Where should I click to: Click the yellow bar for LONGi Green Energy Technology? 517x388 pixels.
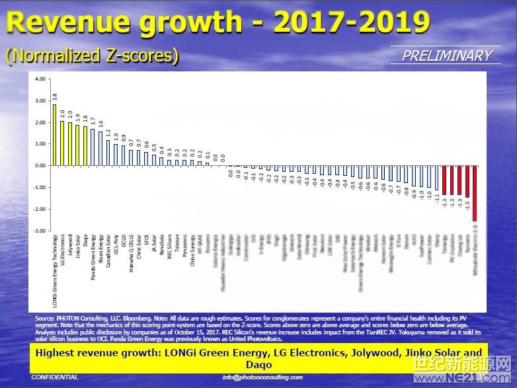click(x=54, y=135)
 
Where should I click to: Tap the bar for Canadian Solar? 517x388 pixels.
click(x=108, y=152)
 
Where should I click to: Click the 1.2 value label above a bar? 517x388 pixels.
click(x=108, y=133)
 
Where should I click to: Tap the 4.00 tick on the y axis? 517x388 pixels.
click(x=40, y=79)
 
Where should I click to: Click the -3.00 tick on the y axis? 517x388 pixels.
click(x=40, y=231)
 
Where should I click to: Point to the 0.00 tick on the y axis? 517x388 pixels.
click(x=40, y=166)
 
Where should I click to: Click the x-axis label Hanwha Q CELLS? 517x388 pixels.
click(x=132, y=248)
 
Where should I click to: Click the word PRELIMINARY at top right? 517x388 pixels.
click(x=447, y=56)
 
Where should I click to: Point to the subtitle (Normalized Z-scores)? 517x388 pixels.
click(x=92, y=56)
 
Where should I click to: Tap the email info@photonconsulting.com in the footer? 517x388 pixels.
click(x=262, y=377)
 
